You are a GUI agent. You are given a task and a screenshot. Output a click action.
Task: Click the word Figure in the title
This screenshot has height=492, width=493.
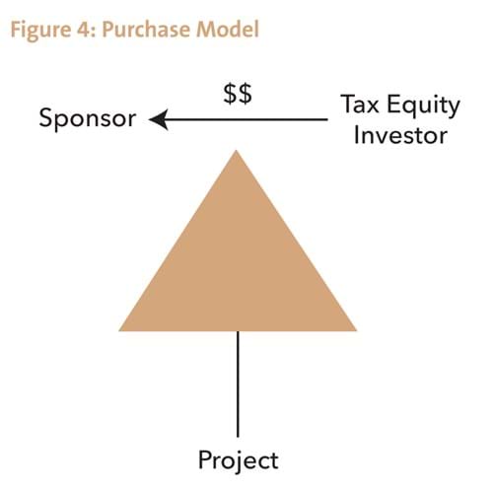[40, 31]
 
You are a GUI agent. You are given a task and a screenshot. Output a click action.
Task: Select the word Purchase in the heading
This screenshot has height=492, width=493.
[146, 30]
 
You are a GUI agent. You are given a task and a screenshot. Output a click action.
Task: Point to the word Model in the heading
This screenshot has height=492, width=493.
[228, 29]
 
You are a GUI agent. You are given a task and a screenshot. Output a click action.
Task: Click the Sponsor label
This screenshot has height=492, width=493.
[88, 118]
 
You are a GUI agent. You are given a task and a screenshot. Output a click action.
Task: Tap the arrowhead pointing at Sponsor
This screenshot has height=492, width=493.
[159, 119]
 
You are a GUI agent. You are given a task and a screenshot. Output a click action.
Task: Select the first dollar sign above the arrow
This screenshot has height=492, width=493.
[231, 94]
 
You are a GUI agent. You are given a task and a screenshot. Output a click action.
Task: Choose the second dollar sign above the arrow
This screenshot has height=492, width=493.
[246, 94]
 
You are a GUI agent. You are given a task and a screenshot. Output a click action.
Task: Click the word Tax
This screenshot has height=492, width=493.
[360, 105]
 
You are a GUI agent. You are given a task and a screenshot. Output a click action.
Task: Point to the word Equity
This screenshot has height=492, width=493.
[423, 106]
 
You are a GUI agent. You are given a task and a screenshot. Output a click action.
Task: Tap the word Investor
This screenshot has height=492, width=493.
[400, 135]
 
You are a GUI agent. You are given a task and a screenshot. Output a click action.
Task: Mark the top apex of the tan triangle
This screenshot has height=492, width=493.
[236, 151]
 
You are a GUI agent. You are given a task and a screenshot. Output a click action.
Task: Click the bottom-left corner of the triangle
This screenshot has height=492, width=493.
[119, 330]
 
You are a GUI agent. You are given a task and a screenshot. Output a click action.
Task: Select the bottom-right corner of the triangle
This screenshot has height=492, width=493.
[356, 330]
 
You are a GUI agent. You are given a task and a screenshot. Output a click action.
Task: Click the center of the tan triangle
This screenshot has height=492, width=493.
[238, 270]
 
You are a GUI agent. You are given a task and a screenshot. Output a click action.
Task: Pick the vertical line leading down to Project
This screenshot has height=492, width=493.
[238, 384]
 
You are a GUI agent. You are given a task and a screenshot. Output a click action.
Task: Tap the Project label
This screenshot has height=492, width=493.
[239, 460]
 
